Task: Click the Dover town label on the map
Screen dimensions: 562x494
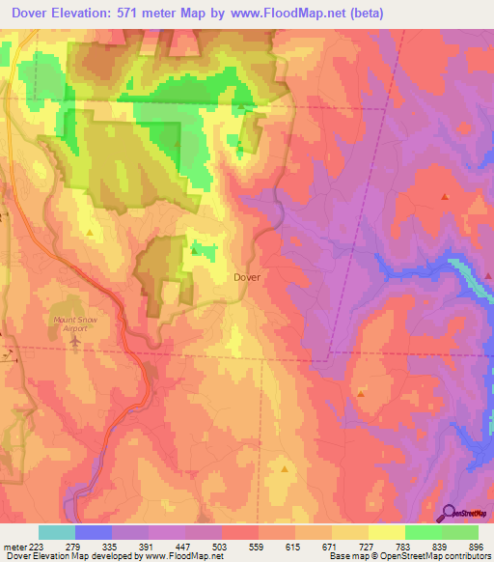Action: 247,276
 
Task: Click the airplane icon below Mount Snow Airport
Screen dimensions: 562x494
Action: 75,343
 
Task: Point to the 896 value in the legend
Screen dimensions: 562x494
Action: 474,547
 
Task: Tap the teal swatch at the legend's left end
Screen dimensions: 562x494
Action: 57,532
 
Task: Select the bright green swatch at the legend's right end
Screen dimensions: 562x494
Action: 460,532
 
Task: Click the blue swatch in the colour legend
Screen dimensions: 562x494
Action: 94,532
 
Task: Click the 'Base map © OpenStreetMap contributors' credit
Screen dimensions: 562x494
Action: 409,556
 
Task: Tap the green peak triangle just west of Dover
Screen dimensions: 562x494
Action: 194,251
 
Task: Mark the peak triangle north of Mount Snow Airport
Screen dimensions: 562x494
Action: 91,232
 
